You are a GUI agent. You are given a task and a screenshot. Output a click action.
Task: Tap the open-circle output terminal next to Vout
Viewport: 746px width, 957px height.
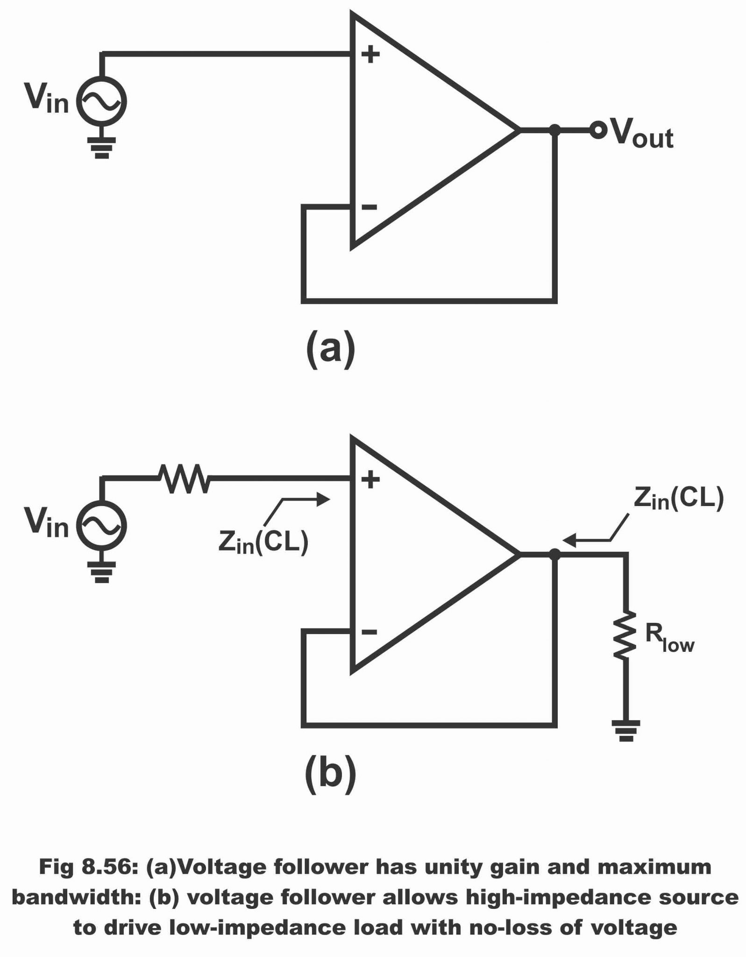pos(597,130)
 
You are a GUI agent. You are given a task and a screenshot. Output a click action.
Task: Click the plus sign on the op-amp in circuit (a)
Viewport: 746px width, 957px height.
pos(370,55)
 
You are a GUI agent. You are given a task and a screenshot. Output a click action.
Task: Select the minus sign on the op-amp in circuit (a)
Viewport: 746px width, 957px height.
pos(369,207)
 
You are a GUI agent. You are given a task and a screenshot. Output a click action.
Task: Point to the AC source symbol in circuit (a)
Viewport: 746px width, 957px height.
pos(101,101)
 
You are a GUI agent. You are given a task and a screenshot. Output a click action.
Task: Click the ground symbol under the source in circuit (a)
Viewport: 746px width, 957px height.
pos(101,147)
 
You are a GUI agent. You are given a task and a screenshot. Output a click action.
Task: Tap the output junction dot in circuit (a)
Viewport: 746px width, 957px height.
pos(554,130)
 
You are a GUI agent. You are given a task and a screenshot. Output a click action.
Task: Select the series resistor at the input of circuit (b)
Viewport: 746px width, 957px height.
pos(184,478)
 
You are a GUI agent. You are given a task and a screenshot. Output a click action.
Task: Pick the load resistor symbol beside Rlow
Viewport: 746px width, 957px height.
pos(625,634)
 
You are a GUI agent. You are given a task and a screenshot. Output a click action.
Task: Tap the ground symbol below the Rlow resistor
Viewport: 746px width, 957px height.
pos(625,730)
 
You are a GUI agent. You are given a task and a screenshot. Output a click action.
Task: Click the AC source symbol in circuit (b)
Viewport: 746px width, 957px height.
pos(101,525)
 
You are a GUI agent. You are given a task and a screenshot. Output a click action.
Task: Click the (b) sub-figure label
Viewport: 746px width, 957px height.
pos(330,773)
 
